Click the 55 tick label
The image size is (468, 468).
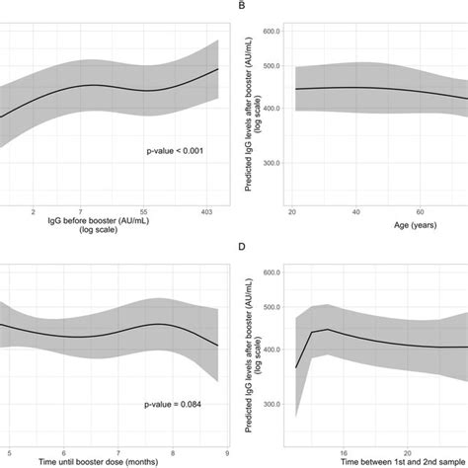pyautogui.click(x=145, y=211)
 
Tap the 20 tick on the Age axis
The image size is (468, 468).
pyautogui.click(x=293, y=211)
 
